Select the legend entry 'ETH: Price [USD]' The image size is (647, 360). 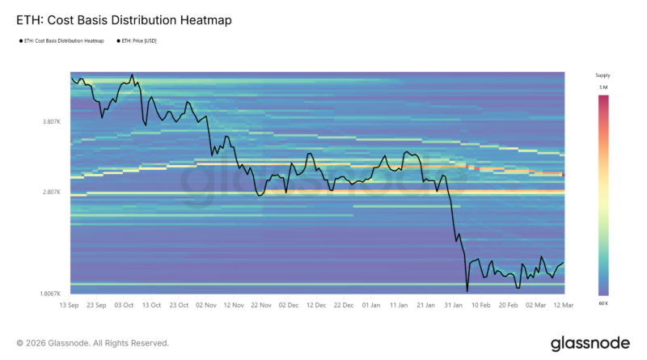pos(138,40)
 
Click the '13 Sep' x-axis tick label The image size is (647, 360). pos(70,305)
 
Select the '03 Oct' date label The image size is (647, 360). pos(124,305)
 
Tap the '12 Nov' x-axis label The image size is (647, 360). pos(233,305)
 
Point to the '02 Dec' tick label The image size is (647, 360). pos(289,305)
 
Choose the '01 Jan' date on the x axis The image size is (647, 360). pos(370,305)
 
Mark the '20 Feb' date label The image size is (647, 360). pos(508,305)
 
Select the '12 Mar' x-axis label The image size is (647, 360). pos(563,305)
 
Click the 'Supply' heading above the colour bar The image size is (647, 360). pos(603,75)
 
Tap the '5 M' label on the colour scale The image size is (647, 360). pos(603,87)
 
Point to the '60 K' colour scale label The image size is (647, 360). pos(603,303)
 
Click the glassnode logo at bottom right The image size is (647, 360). pos(590,343)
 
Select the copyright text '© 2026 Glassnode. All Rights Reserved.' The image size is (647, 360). pos(93,343)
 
